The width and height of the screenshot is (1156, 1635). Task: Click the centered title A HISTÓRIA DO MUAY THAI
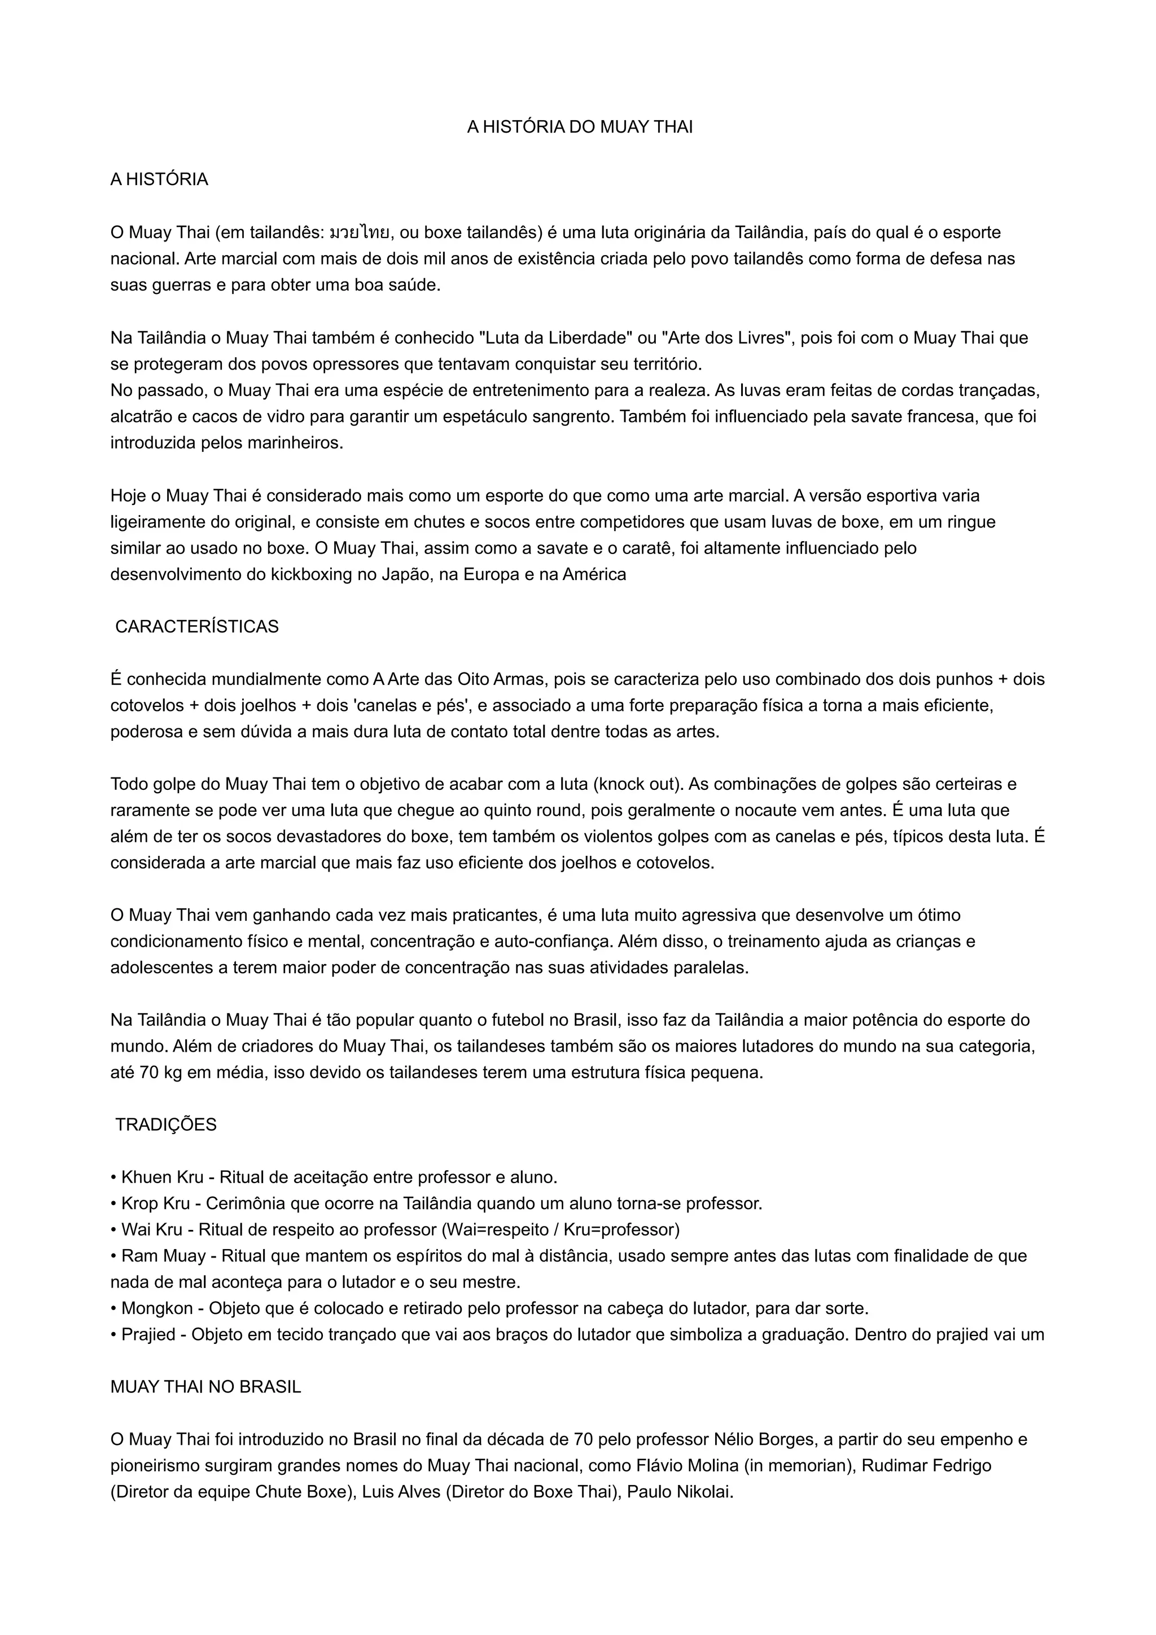(579, 127)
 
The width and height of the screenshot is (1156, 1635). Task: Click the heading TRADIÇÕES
(166, 1124)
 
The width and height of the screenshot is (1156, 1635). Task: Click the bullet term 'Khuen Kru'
(163, 1177)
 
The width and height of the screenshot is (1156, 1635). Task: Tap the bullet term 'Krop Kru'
(156, 1203)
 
